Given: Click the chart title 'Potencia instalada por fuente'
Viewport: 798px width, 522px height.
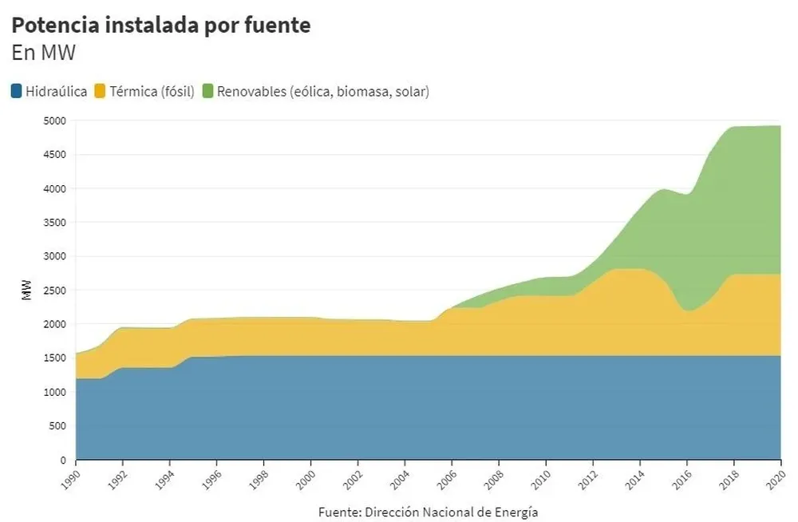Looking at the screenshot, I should pos(160,25).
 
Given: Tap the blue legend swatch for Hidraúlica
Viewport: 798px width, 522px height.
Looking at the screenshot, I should pos(17,91).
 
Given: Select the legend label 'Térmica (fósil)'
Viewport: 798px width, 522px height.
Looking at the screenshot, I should pos(152,91).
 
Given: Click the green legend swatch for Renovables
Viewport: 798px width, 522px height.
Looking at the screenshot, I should pos(208,91).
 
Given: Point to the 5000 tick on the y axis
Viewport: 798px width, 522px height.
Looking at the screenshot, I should pos(55,121).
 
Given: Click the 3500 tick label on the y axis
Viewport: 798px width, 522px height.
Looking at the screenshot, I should pos(55,223).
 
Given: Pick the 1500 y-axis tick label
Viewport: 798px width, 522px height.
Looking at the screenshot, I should pos(55,358).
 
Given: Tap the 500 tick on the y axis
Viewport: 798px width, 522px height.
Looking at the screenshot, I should pos(57,426).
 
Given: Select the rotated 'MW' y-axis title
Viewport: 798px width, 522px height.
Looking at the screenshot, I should pos(26,291).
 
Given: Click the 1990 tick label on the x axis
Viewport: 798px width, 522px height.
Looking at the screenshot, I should pos(70,477).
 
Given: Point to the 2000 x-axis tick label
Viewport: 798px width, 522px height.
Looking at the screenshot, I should pos(306,477).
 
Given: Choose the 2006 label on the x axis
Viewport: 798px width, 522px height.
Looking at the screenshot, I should pos(447,477).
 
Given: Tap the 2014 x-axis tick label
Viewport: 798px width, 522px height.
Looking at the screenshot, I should pos(635,477).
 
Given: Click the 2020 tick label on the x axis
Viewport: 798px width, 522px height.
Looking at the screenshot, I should pos(776,477).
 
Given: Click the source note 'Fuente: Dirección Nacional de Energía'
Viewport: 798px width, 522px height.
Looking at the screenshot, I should pos(428,512).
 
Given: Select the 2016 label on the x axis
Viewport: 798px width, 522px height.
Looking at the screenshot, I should pos(682,477).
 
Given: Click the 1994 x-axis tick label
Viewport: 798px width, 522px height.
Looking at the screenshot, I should pos(164,477).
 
